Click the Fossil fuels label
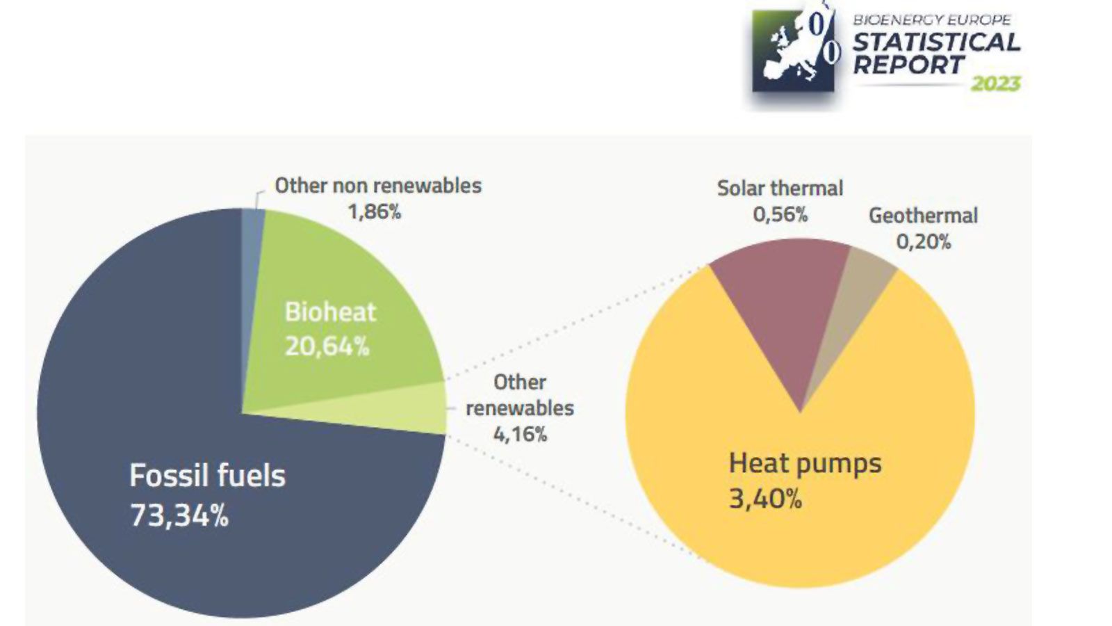click(208, 476)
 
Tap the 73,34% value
click(179, 515)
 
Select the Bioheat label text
click(331, 312)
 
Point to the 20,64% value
click(327, 346)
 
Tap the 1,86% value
click(375, 212)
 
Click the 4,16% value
click(520, 434)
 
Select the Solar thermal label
click(780, 188)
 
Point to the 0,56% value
click(780, 215)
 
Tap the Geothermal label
click(924, 216)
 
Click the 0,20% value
click(924, 242)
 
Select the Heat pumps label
click(805, 464)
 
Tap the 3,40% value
click(765, 498)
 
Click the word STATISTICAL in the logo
click(936, 42)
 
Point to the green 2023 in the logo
click(995, 83)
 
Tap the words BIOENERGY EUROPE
click(932, 20)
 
